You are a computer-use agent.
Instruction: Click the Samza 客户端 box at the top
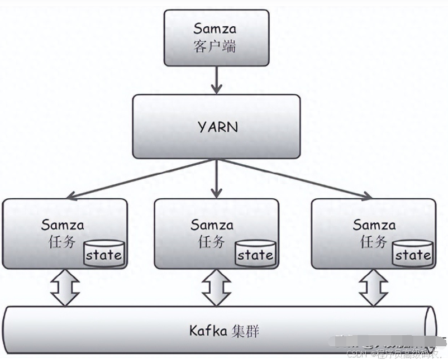(x=216, y=37)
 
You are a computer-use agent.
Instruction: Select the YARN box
(x=216, y=126)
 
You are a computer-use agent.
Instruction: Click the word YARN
(x=217, y=127)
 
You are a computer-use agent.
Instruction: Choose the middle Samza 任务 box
(x=216, y=233)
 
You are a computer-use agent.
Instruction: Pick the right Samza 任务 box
(x=373, y=233)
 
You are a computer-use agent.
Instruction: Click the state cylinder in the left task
(x=103, y=254)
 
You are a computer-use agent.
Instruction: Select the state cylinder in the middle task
(x=255, y=254)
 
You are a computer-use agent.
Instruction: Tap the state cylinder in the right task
(x=412, y=254)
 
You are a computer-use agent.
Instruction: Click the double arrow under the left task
(x=65, y=288)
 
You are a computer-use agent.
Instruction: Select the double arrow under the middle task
(x=216, y=288)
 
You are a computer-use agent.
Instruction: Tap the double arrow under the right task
(x=373, y=288)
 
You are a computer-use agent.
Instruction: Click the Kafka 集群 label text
(x=223, y=331)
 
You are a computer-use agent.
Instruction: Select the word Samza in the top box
(x=215, y=28)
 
